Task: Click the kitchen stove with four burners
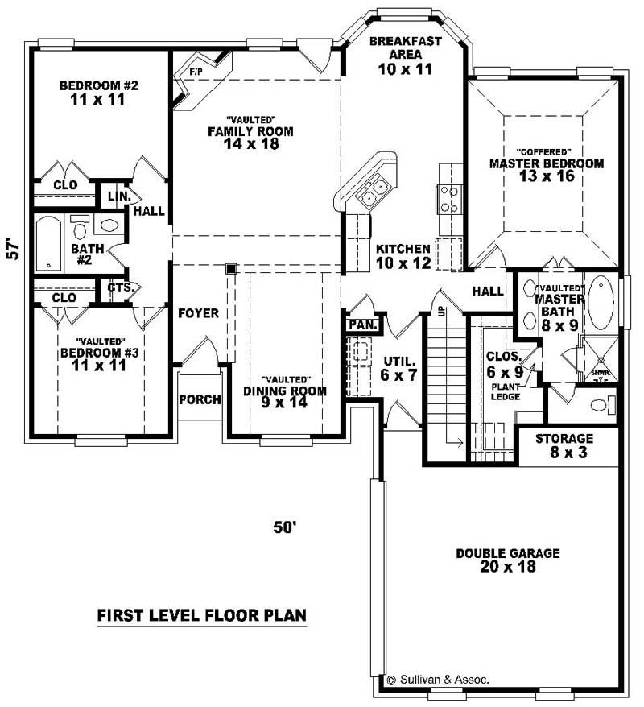[x=449, y=198]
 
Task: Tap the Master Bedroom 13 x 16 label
[x=546, y=170]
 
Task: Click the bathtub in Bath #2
[x=49, y=242]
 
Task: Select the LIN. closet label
[x=111, y=196]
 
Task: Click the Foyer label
[x=198, y=312]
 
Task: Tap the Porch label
[x=199, y=399]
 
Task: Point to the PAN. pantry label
[x=358, y=324]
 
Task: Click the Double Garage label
[x=507, y=560]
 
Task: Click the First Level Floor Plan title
[x=201, y=616]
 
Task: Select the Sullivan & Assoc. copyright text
[x=438, y=680]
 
